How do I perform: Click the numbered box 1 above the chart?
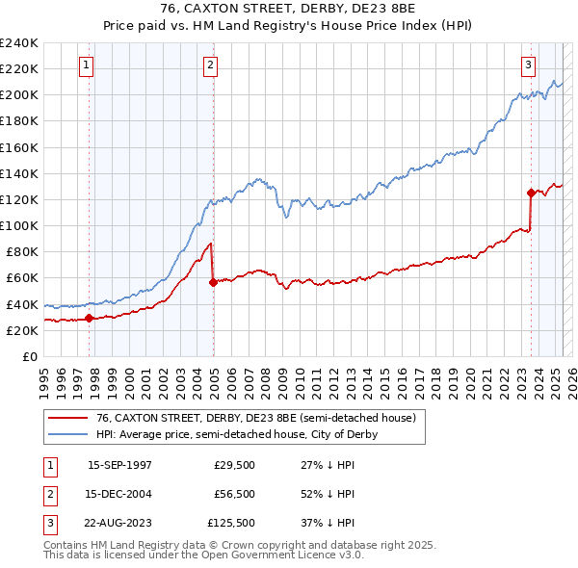(x=87, y=65)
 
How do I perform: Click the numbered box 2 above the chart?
(x=210, y=65)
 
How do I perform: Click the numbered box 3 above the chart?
(x=529, y=65)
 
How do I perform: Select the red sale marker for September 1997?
(x=90, y=318)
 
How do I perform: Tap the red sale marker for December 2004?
(x=213, y=282)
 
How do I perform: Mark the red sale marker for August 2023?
(x=531, y=193)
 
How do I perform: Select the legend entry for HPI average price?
(x=236, y=434)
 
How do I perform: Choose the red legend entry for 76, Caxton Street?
(x=255, y=418)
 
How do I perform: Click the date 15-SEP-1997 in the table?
(x=119, y=464)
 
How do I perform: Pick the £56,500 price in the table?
(x=233, y=494)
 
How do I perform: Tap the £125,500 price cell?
(x=230, y=524)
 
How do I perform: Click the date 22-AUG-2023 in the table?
(x=119, y=524)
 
